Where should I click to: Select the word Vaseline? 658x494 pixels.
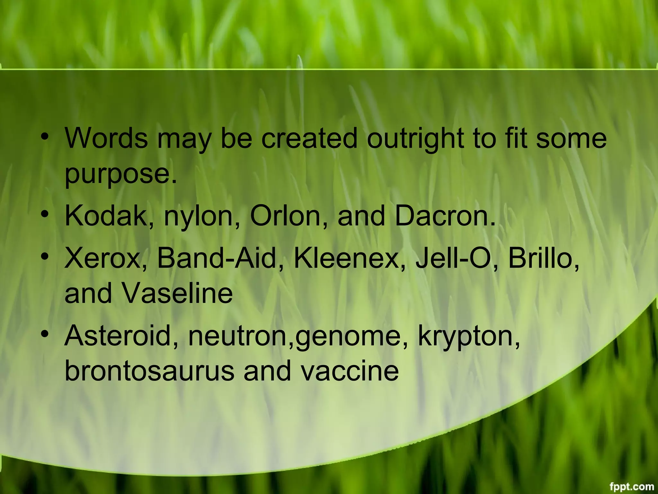[x=177, y=293]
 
